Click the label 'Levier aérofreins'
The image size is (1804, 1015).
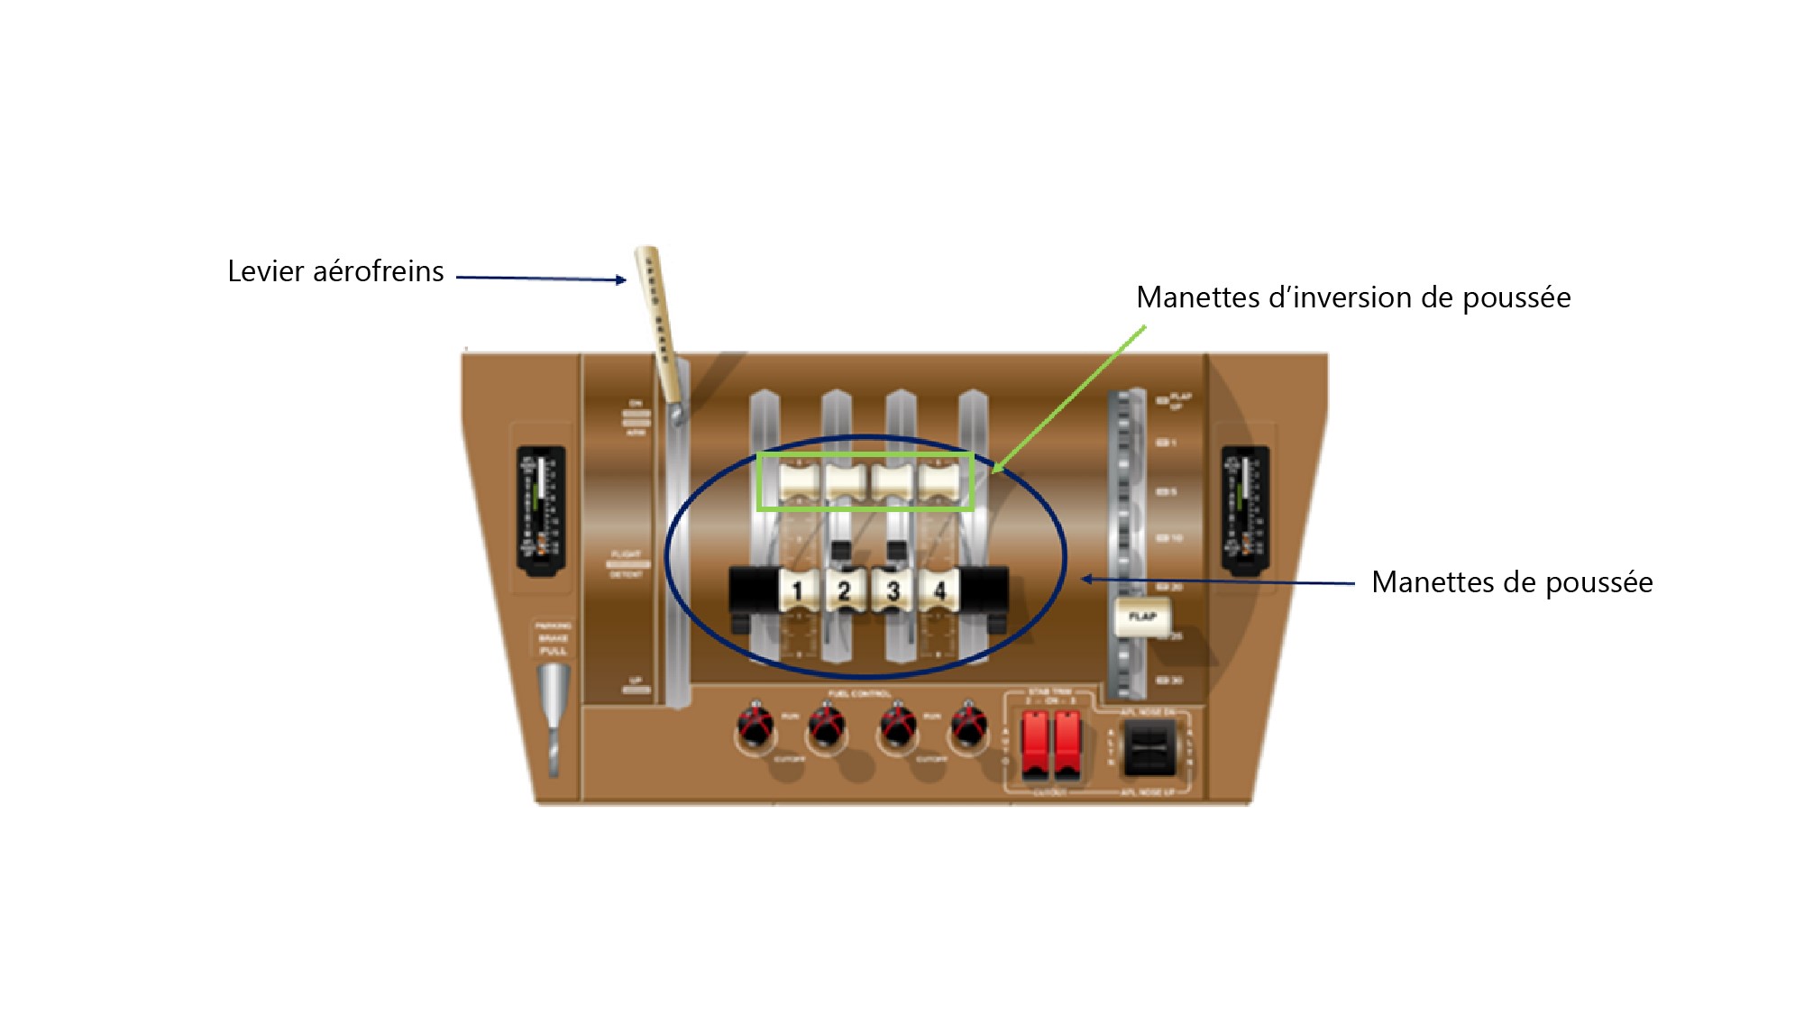coord(335,271)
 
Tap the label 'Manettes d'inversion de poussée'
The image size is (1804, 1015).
coord(1352,297)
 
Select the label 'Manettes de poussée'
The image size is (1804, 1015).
coord(1511,582)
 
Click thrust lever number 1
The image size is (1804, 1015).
coord(797,590)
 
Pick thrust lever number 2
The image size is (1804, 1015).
coord(845,590)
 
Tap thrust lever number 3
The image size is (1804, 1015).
coord(893,590)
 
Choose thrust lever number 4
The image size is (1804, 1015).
coord(939,590)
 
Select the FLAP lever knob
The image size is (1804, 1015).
coord(1141,617)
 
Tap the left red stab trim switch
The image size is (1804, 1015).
coord(1035,744)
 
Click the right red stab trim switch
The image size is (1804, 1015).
coord(1067,744)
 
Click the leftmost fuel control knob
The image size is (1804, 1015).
coord(755,725)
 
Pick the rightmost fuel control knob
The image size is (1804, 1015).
coord(969,725)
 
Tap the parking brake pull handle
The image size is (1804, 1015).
coord(554,712)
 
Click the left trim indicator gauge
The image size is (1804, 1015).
coord(540,509)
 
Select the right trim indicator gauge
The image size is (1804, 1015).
coord(1245,509)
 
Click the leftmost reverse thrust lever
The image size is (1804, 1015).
coord(798,481)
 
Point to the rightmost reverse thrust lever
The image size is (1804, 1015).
coord(939,481)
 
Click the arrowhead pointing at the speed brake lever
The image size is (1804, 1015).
coord(621,280)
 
